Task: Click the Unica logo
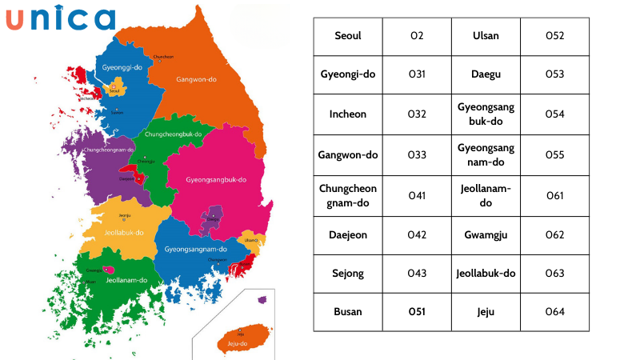[x=61, y=18]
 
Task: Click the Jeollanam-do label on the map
[x=126, y=280]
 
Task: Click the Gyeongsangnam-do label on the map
[x=196, y=249]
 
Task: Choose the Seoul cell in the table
[x=348, y=36]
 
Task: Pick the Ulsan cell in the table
[x=486, y=36]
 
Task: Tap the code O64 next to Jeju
[x=554, y=311]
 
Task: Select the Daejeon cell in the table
[x=348, y=234]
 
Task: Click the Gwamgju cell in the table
[x=486, y=234]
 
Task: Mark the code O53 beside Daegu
[x=554, y=74]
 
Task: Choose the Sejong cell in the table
[x=348, y=273]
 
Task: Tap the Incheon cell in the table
[x=348, y=114]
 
